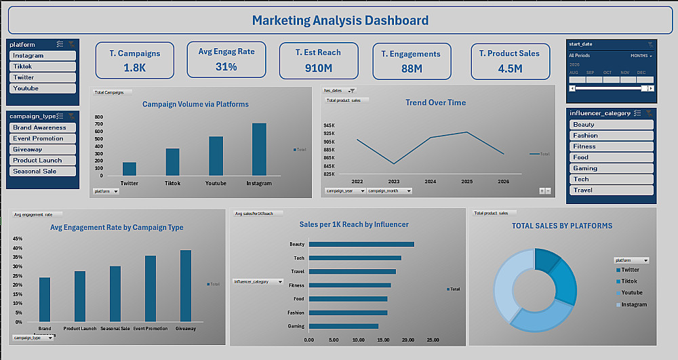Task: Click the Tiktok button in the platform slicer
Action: click(43, 66)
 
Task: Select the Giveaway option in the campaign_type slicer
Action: click(43, 149)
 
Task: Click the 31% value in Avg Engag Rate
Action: click(226, 67)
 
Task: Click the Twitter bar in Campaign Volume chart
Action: click(129, 169)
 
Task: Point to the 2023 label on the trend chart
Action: click(394, 182)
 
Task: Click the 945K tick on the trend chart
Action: click(329, 125)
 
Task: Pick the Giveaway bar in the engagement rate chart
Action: click(185, 285)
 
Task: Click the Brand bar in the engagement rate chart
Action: click(45, 299)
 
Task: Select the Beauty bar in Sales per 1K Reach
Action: click(361, 244)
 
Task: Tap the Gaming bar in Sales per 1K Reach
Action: click(343, 326)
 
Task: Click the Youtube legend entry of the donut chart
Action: click(631, 293)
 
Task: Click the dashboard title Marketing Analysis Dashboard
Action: click(340, 20)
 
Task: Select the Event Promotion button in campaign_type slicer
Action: click(43, 138)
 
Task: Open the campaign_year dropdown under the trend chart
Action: click(345, 191)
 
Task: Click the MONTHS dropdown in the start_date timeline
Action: click(641, 56)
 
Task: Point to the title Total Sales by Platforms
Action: click(562, 226)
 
